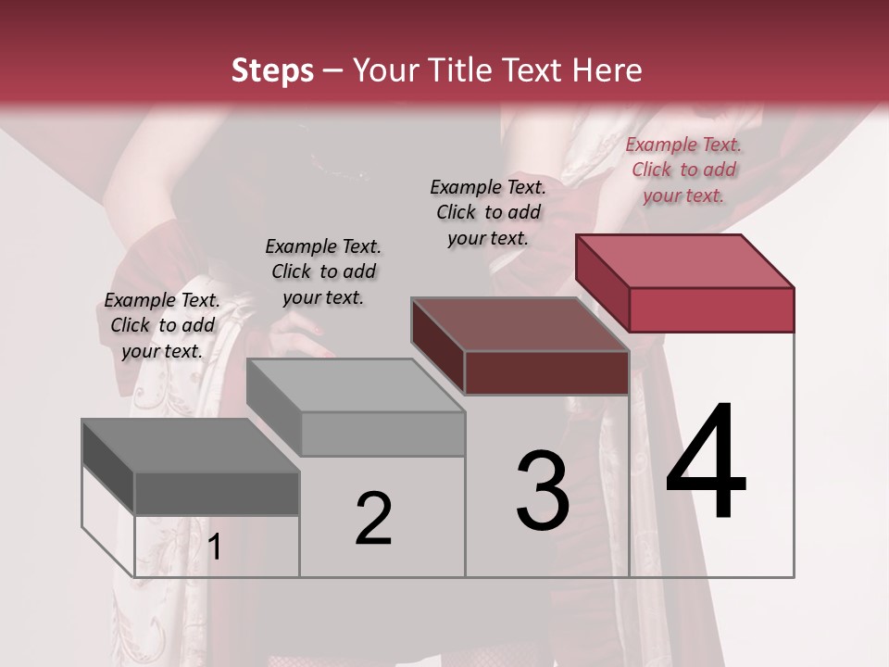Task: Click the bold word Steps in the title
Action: tap(272, 70)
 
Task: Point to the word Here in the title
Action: tap(607, 70)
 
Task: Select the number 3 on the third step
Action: tap(543, 491)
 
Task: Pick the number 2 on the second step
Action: tap(373, 519)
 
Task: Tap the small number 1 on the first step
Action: tap(214, 547)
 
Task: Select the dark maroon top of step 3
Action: tap(520, 324)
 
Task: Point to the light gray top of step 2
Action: tap(356, 385)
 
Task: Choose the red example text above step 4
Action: tap(683, 170)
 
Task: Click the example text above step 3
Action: tap(488, 212)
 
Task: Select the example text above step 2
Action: tap(323, 271)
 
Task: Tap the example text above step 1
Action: tap(162, 325)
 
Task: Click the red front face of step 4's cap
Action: tap(711, 309)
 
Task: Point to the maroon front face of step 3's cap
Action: tap(546, 372)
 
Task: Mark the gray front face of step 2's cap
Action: tap(382, 434)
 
